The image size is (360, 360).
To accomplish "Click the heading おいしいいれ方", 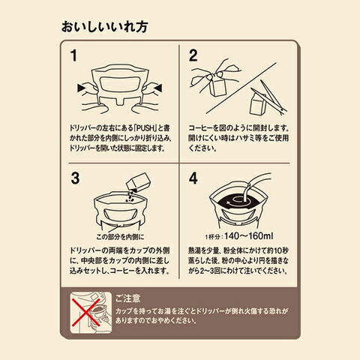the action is [104, 27].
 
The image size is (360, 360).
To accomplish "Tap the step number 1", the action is [73, 55].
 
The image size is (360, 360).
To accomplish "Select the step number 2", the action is [193, 55].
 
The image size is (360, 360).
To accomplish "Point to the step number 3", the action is [75, 178].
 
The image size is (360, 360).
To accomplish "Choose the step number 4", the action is [193, 178].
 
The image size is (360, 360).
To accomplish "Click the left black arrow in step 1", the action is [81, 88].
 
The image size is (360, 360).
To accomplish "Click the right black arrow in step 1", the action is [158, 88].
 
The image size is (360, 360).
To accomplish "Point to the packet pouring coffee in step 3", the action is [139, 181].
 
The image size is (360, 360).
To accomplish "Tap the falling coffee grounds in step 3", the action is [130, 196].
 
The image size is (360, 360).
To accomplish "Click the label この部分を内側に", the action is [120, 237].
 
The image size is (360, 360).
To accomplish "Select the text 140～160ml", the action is [249, 236].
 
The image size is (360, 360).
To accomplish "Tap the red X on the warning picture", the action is [86, 312].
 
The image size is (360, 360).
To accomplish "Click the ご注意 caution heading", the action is [127, 298].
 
